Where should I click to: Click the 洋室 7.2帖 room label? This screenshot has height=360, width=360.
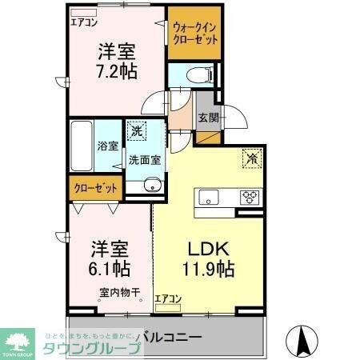coord(117,62)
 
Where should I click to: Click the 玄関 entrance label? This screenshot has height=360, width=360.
coord(208,118)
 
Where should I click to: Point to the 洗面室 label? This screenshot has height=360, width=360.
coord(145,160)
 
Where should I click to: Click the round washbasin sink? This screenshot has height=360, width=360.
coord(152,187)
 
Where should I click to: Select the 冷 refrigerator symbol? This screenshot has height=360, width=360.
coord(251,158)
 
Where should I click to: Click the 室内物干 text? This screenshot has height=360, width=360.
coord(120,293)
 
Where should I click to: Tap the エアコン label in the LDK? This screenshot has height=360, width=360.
coord(168,299)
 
